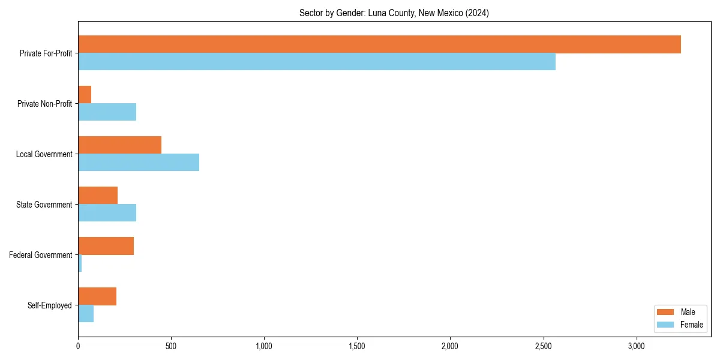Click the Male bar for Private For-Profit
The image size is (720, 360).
coord(379,44)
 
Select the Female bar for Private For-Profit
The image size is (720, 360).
coord(317,62)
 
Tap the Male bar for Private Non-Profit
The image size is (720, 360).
coord(85,95)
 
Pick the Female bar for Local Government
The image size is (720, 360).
coord(139,163)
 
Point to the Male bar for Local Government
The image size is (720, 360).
coord(119,145)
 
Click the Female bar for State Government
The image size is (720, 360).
coord(107,213)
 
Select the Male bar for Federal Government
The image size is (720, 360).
coord(106,246)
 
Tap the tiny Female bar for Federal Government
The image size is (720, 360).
coord(80,263)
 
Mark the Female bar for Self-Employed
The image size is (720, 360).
coord(86,314)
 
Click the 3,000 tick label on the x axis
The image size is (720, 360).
coord(636,346)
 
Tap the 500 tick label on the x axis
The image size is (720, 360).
coord(171,346)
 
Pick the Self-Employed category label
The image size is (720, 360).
coord(50,305)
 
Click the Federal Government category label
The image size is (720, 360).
coord(41,255)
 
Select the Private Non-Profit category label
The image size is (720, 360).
coord(44,104)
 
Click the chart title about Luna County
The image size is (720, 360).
coord(394,13)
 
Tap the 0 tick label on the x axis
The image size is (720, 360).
coord(78,346)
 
